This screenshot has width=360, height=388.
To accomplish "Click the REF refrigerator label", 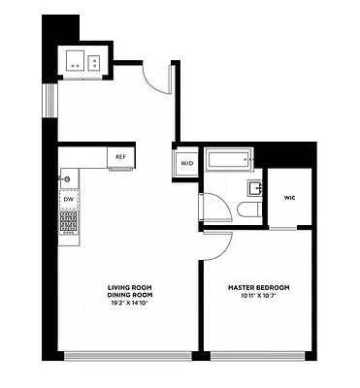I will [x=121, y=156].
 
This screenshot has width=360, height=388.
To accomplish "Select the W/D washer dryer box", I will [x=186, y=163].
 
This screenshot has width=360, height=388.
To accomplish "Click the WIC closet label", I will [x=289, y=198].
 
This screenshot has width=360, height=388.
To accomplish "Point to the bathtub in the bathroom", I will [x=229, y=160].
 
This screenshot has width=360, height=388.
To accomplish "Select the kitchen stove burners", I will [x=68, y=223].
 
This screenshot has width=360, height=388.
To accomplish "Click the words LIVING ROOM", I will [x=131, y=288].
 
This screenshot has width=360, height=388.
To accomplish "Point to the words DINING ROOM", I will [x=131, y=295].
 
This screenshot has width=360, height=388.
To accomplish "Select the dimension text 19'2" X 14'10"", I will [x=131, y=303].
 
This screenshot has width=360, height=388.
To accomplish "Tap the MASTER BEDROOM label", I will [x=258, y=288].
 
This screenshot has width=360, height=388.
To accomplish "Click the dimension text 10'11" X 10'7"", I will [x=258, y=296].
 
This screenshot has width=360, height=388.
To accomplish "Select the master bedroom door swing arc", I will [x=219, y=245].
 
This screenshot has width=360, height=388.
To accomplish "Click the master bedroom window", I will [x=257, y=354].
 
